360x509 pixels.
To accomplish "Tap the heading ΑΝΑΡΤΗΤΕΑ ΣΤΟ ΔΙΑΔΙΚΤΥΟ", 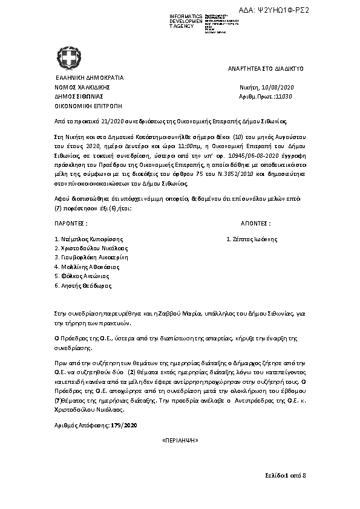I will pyautogui.click(x=266, y=70).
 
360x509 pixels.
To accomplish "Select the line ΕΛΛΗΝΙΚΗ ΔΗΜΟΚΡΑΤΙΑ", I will pyautogui.click(x=89, y=78).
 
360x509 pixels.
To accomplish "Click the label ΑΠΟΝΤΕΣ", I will pyautogui.click(x=255, y=223).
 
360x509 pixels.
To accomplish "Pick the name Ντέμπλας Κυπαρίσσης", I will pyautogui.click(x=87, y=239).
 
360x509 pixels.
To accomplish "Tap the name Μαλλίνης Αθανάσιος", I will pyautogui.click(x=87, y=266).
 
